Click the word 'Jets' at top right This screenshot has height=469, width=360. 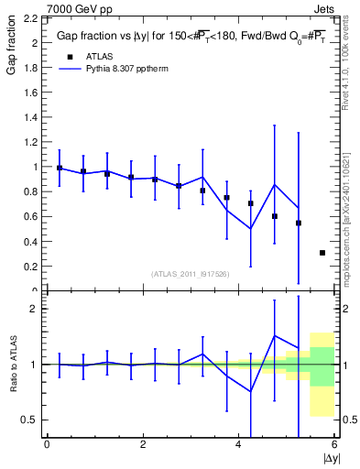point(324,8)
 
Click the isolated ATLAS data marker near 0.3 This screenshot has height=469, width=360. point(322,253)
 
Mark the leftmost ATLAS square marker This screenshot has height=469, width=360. point(60,168)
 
